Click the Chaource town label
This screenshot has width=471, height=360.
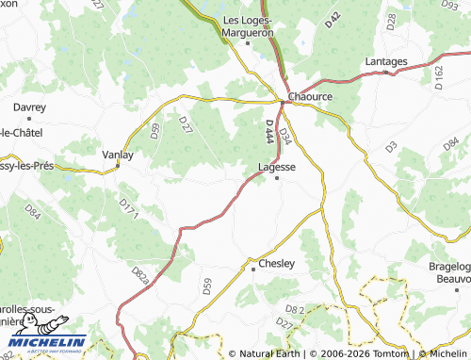(x=313, y=96)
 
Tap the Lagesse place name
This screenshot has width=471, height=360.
(x=277, y=167)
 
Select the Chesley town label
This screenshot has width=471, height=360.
(x=277, y=264)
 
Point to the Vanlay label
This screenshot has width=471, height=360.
(x=118, y=154)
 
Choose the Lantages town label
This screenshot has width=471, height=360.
(x=386, y=62)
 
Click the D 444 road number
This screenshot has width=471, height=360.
(x=270, y=133)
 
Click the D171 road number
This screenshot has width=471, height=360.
(x=129, y=209)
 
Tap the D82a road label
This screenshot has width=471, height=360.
(x=140, y=276)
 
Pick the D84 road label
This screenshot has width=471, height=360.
(x=33, y=210)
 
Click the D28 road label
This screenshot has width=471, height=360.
(x=392, y=21)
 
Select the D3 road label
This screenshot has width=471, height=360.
(x=391, y=146)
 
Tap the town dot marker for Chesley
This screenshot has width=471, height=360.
(x=253, y=270)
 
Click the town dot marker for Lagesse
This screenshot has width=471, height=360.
(x=276, y=178)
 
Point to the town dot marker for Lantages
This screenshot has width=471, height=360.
(x=386, y=73)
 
